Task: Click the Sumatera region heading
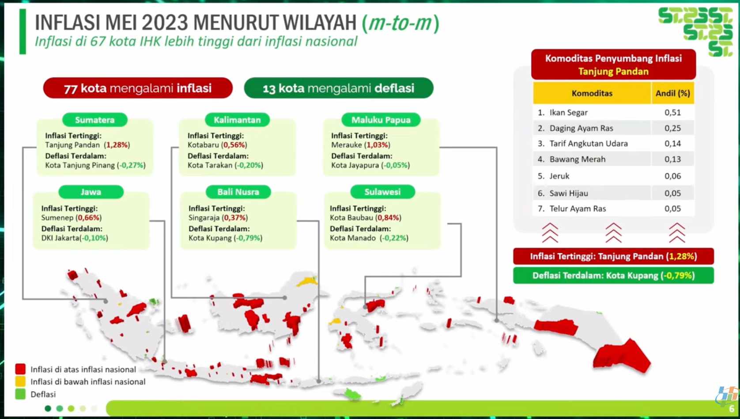(x=95, y=120)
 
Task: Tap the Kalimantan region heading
(x=237, y=120)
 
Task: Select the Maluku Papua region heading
(x=381, y=120)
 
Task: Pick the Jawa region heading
(x=91, y=192)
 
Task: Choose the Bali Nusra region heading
(x=238, y=192)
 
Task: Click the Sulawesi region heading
(x=382, y=192)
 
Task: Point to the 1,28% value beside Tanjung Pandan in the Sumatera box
(x=117, y=145)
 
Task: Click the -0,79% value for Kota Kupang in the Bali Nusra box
(x=248, y=238)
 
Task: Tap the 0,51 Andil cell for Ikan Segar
(x=672, y=112)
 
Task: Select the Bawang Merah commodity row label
(x=578, y=159)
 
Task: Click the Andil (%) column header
(x=673, y=93)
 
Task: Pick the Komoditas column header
(x=592, y=93)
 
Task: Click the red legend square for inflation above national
(x=20, y=369)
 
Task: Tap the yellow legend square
(x=20, y=381)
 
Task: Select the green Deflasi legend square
(x=20, y=394)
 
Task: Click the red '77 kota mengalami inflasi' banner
(x=138, y=88)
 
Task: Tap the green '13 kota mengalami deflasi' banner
(x=339, y=88)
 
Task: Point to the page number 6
(x=732, y=409)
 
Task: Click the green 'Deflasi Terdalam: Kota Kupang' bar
(x=613, y=275)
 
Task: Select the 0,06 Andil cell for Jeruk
(x=672, y=176)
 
